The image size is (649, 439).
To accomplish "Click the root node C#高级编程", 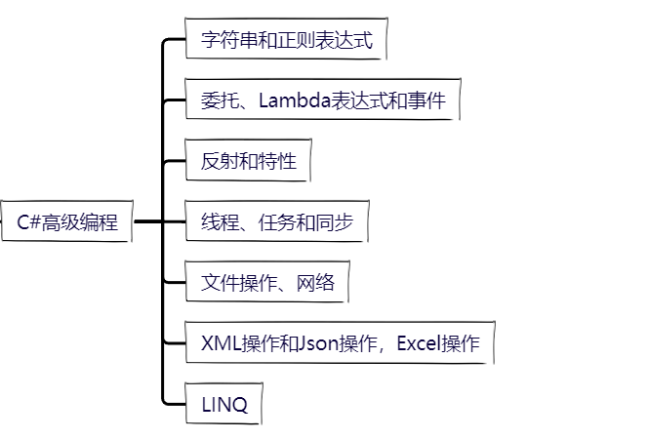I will (66, 221).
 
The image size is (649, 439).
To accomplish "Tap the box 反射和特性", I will (248, 161).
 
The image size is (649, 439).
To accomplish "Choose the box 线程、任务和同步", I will (276, 221).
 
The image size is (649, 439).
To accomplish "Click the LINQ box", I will (223, 404).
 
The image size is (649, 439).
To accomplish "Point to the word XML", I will (219, 343).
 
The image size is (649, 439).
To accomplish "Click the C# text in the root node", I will (28, 222).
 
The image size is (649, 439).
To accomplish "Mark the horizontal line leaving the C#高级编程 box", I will (146, 221).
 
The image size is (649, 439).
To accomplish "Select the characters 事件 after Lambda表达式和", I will (430, 101).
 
